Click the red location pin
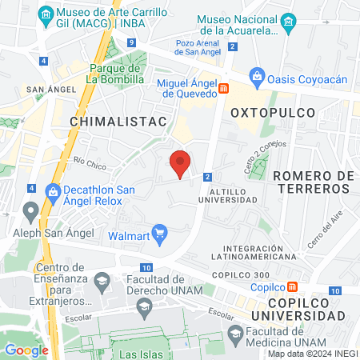pyautogui.click(x=181, y=163)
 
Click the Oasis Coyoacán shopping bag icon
pyautogui.click(x=258, y=77)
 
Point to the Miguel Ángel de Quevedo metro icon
pyautogui.click(x=225, y=89)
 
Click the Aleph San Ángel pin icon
pyautogui.click(x=31, y=212)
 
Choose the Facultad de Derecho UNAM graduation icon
pyautogui.click(x=102, y=281)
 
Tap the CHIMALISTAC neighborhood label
pyautogui.click(x=118, y=121)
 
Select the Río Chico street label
pyautogui.click(x=90, y=164)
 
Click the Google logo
pyautogui.click(x=26, y=350)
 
